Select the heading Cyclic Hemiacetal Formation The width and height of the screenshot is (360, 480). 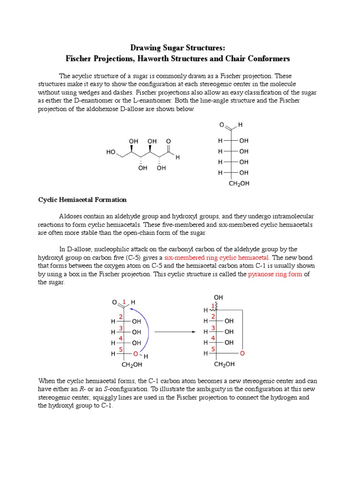(82, 200)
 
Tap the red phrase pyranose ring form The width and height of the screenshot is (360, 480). (275, 274)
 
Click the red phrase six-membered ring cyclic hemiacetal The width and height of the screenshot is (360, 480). (217, 258)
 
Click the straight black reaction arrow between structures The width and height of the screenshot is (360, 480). (174, 332)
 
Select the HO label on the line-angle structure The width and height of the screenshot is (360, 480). (111, 152)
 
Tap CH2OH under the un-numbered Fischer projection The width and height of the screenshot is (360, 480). (239, 184)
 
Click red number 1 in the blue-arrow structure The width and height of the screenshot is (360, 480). (124, 301)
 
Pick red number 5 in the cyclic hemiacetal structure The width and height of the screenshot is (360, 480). (213, 349)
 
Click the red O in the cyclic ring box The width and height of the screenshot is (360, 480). (242, 353)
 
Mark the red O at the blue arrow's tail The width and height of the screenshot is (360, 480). (135, 353)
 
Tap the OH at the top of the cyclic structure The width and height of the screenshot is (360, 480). (218, 297)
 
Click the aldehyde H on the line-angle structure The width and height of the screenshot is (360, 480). (178, 157)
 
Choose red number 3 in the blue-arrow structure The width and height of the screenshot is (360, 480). (120, 328)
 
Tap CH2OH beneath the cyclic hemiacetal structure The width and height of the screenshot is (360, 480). (225, 364)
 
